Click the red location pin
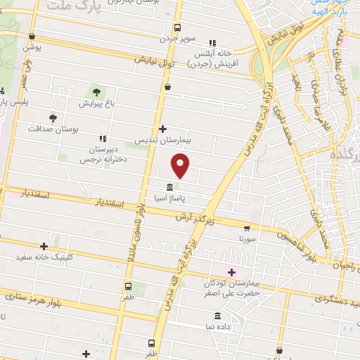[x=181, y=166]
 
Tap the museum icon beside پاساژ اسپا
[x=170, y=188]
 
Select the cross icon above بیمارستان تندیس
[x=162, y=129]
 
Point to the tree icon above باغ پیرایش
[x=96, y=92]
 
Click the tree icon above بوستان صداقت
[x=53, y=118]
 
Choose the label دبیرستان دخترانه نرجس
[x=111, y=155]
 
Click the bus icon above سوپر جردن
[x=177, y=30]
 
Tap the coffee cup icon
[x=167, y=86]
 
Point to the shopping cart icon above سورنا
[x=247, y=229]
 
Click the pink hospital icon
[x=231, y=272]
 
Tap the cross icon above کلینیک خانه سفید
[x=44, y=246]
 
